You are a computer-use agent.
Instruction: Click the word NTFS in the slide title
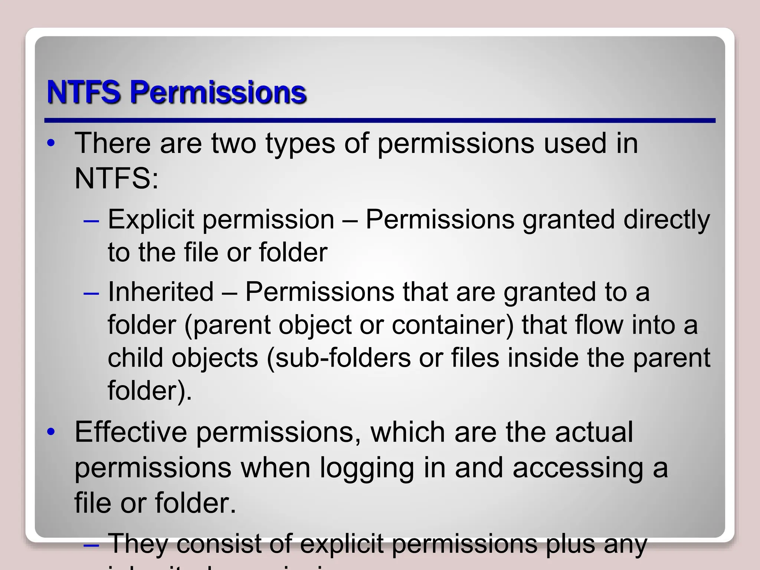84,92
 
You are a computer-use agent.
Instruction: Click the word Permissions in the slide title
218,93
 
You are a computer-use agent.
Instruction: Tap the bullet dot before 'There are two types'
51,143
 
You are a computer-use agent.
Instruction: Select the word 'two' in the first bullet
234,143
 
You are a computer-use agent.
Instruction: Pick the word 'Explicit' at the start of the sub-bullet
151,220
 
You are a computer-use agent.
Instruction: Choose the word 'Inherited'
161,292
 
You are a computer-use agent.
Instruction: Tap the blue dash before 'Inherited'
92,293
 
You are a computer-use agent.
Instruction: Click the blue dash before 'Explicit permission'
92,221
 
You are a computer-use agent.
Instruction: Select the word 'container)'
453,325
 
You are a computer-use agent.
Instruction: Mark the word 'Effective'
131,432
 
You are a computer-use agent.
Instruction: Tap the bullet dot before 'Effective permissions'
51,432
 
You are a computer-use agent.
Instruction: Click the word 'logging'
367,468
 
